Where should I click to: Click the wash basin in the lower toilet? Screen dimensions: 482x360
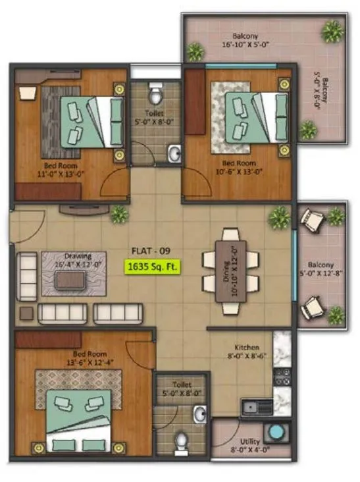(x=200, y=414)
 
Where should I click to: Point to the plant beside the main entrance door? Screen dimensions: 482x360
(x=119, y=213)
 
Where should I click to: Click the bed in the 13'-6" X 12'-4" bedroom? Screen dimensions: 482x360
(x=78, y=415)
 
